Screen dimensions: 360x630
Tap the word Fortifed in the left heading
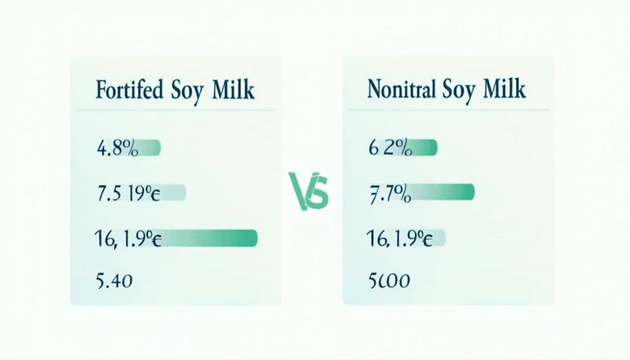point(129,90)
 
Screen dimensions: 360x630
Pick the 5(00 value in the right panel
point(391,279)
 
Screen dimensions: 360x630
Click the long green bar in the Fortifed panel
point(210,237)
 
